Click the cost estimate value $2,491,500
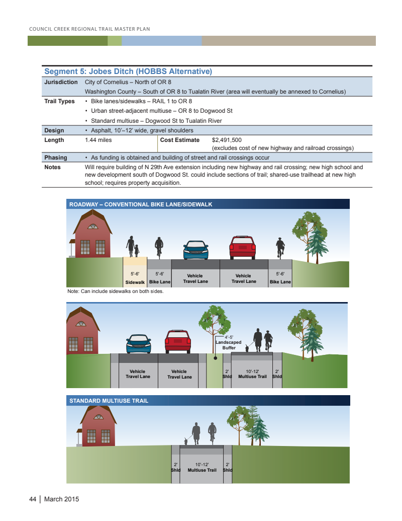click(227, 140)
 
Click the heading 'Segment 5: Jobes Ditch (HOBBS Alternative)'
click(128, 71)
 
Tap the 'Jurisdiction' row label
click(61, 82)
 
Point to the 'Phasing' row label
click(55, 158)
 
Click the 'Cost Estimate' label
click(179, 140)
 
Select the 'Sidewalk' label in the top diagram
click(135, 282)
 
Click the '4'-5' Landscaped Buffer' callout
click(229, 342)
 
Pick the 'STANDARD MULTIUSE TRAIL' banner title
click(109, 401)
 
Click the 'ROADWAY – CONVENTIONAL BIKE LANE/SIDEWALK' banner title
click(141, 204)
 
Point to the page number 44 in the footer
click(32, 499)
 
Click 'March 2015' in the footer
click(62, 499)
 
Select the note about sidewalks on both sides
click(116, 291)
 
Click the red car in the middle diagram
click(177, 341)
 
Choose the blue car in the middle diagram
click(138, 344)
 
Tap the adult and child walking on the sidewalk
click(133, 247)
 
